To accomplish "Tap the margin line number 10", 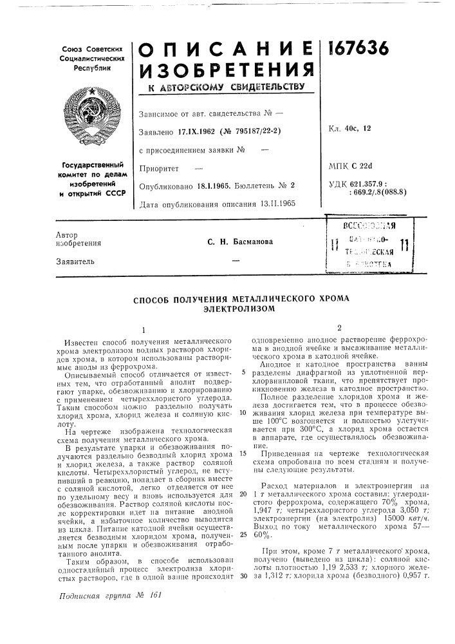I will [241, 413].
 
